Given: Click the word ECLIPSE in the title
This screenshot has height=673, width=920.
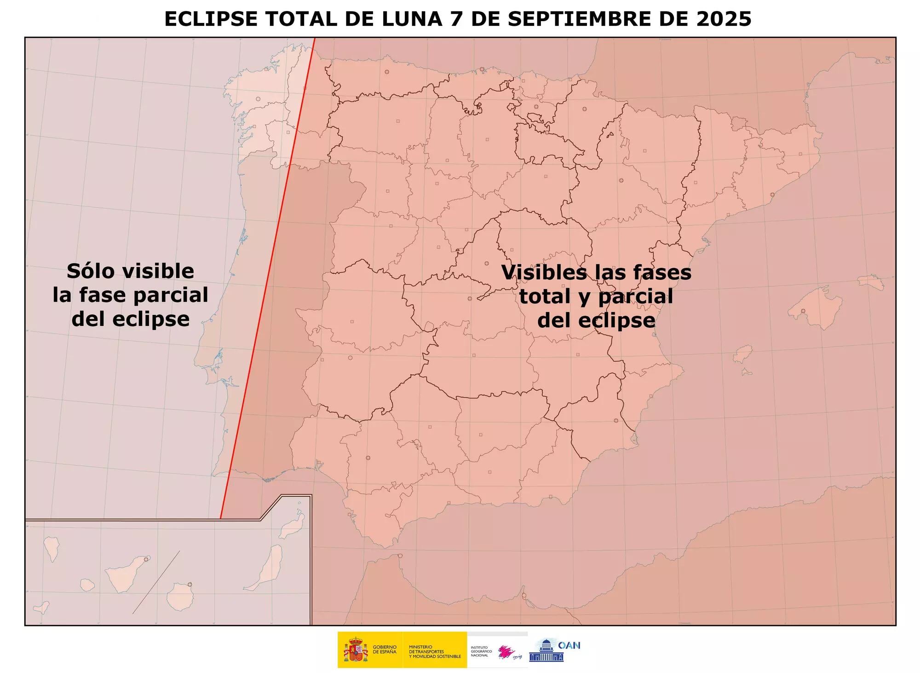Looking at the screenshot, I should pyautogui.click(x=211, y=19).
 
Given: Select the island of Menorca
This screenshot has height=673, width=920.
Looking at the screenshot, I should pyautogui.click(x=870, y=282).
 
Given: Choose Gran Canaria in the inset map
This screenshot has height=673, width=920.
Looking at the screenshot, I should pyautogui.click(x=180, y=597).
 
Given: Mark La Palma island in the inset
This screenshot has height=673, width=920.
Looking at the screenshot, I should pyautogui.click(x=51, y=549).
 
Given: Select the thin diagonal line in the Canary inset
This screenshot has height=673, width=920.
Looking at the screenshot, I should pyautogui.click(x=156, y=582).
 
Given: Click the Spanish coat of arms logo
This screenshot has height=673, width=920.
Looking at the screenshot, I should pyautogui.click(x=356, y=650).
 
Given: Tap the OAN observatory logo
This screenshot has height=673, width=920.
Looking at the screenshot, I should pyautogui.click(x=554, y=650).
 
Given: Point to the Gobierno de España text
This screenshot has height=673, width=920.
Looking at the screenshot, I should pyautogui.click(x=385, y=650).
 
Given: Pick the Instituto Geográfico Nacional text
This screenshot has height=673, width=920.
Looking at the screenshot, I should pyautogui.click(x=481, y=651).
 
